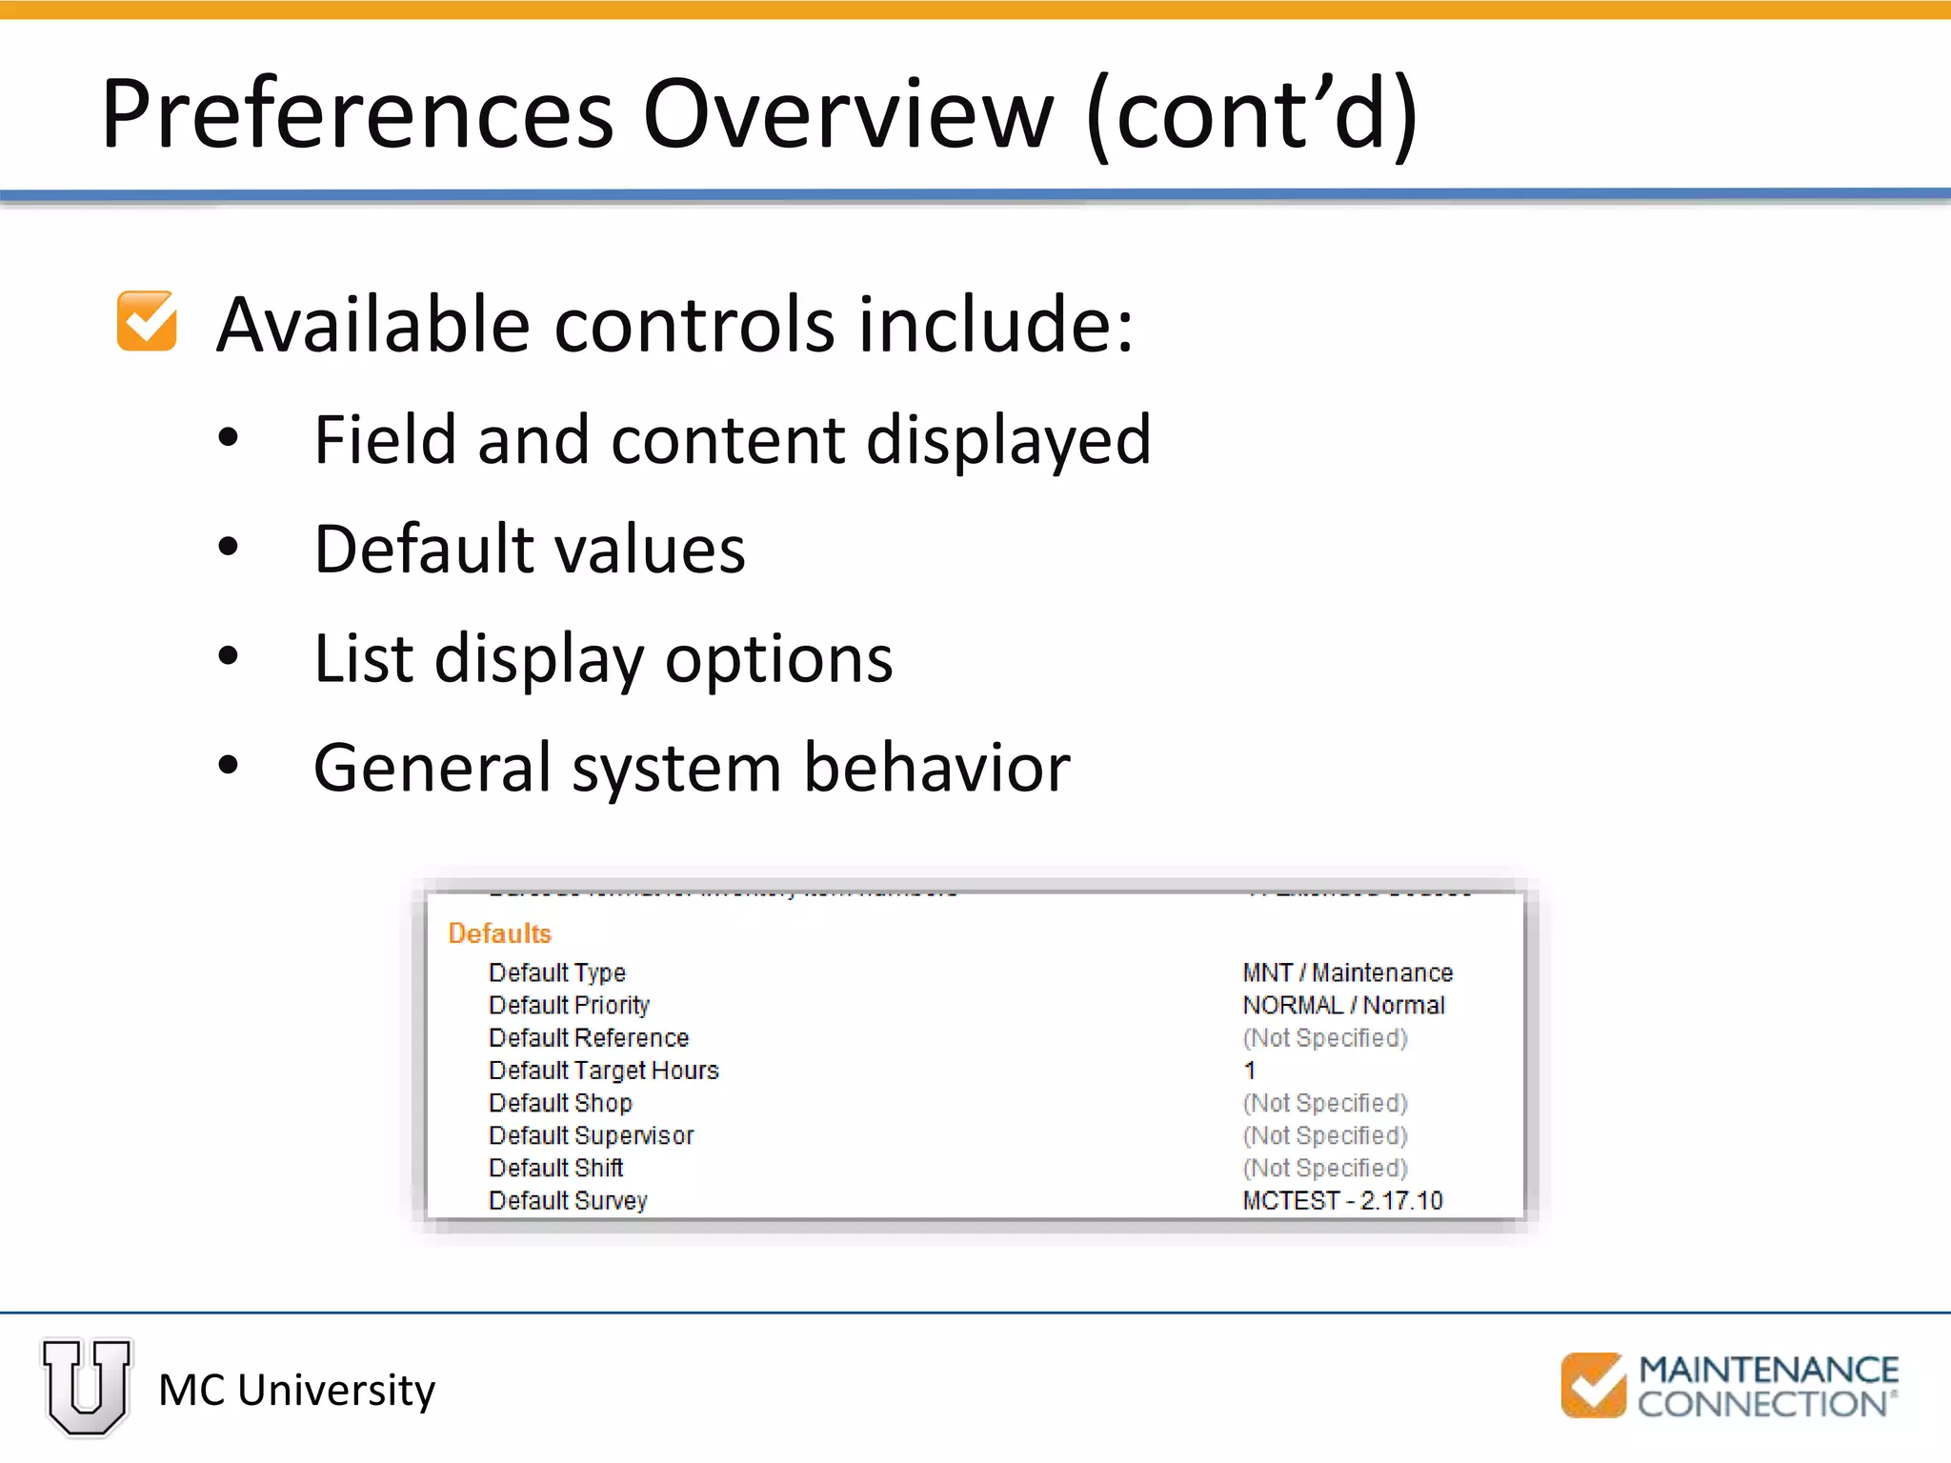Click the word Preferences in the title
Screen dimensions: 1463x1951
[357, 114]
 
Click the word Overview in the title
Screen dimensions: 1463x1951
[848, 114]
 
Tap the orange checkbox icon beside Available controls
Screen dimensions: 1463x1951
[147, 322]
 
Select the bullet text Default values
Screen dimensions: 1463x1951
[530, 550]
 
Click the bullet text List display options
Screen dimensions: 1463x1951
[603, 659]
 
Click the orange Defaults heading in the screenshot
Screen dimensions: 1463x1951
[499, 933]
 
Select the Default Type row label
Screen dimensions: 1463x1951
[557, 972]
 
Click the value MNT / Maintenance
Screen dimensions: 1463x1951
[1347, 972]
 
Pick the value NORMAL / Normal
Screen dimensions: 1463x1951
[1343, 1005]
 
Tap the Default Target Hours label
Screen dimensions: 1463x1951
[603, 1071]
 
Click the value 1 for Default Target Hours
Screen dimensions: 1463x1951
[1249, 1071]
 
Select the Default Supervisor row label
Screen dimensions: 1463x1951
[591, 1135]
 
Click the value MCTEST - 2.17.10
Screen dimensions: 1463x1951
[1342, 1200]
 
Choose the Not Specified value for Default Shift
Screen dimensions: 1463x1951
[1324, 1168]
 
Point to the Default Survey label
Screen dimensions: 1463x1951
[568, 1200]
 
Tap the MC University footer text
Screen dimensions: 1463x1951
[296, 1391]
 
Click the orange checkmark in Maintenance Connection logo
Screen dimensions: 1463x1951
[1593, 1385]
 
